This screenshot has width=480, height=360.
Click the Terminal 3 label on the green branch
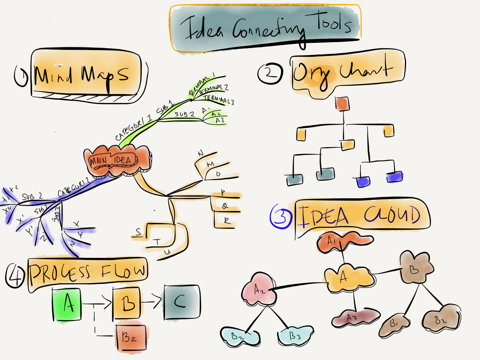[x=218, y=100]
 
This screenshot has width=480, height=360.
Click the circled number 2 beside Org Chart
[x=270, y=73]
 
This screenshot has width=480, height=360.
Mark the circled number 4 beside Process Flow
[x=14, y=275]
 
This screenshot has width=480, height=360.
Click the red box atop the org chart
[x=342, y=104]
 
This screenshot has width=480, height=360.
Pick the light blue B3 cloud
[x=295, y=335]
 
